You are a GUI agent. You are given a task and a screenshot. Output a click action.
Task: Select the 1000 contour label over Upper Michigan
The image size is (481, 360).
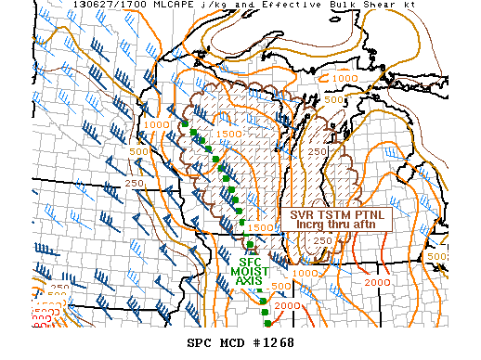tap(344, 78)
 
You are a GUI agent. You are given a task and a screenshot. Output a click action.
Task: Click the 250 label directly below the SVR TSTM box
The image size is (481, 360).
tap(321, 241)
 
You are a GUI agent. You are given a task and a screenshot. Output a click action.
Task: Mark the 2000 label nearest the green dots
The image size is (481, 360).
tap(288, 306)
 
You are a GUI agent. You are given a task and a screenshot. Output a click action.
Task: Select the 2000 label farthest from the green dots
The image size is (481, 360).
tap(378, 282)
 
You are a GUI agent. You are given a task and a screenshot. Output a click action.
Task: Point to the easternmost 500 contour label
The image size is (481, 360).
tap(435, 257)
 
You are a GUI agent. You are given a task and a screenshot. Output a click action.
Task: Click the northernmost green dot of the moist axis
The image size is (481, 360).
tap(186, 123)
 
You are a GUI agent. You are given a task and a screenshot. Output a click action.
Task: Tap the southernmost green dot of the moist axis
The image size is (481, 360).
tap(267, 323)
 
